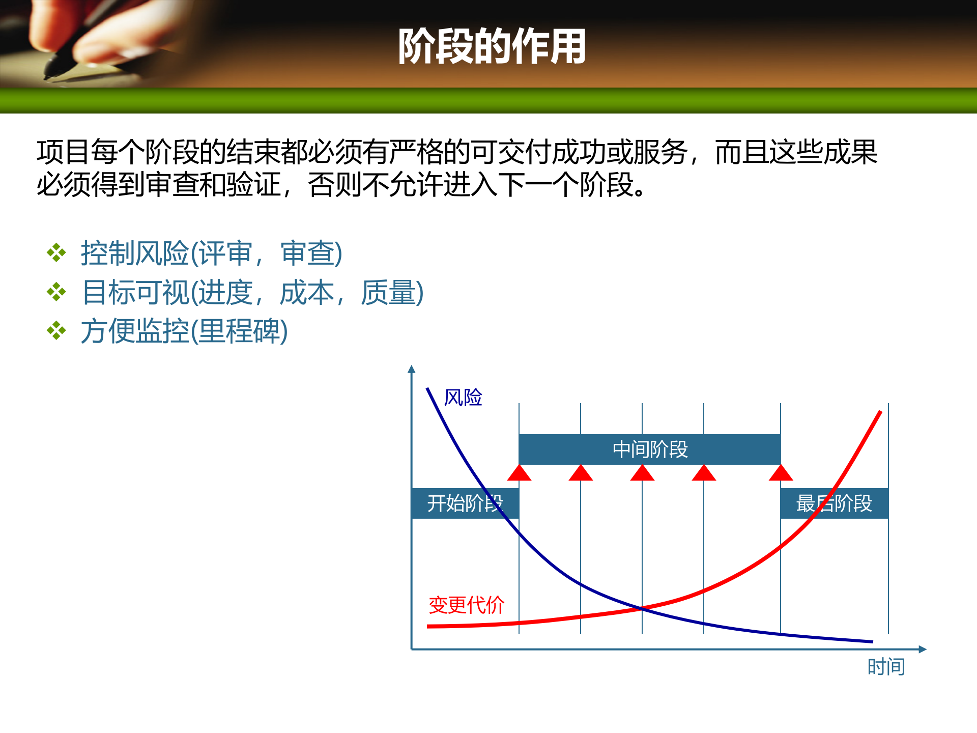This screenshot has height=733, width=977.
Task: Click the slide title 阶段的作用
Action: pos(492,47)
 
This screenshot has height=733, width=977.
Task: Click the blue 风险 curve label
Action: pos(463,398)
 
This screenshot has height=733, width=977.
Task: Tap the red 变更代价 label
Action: pos(466,605)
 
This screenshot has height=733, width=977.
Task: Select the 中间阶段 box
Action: pos(649,449)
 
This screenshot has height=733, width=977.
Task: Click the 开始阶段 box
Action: pos(464,503)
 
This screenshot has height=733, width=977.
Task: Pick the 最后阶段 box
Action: pos(834,503)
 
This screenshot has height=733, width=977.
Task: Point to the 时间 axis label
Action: pos(886,667)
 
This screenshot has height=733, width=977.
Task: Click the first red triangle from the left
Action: pos(519,474)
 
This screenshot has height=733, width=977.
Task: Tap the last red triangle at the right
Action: pos(781,474)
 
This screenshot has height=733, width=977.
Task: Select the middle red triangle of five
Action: pos(642,474)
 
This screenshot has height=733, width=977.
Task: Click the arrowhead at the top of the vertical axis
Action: pos(412,369)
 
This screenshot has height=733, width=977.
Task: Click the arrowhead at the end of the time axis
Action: pos(923,649)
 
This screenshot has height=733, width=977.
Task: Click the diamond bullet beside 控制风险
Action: pos(56,253)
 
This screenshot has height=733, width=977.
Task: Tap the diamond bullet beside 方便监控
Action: pos(56,331)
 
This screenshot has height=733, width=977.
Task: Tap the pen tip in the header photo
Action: pos(48,76)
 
